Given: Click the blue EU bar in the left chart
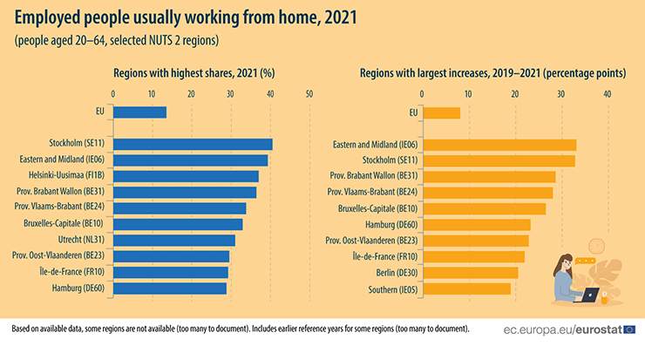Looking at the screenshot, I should coord(139,112).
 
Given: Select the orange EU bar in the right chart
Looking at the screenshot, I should coord(440,112).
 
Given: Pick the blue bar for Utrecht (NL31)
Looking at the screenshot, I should coord(173,240).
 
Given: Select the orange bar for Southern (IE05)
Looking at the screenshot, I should coord(465,289).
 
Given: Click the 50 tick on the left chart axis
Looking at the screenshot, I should coord(309,93).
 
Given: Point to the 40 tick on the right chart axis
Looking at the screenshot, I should coord(607,93).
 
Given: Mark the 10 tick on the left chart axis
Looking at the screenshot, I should coord(152,93).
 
